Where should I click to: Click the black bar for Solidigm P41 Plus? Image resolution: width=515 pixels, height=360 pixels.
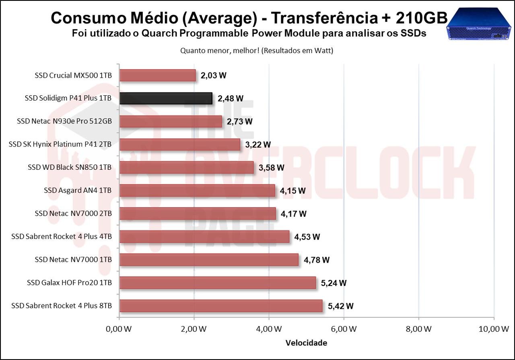166,99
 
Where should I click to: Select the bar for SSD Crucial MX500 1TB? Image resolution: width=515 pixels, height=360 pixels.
158,76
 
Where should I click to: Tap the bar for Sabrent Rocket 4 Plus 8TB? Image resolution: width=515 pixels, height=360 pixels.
221,306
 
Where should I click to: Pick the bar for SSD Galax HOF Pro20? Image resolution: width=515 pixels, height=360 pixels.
218,283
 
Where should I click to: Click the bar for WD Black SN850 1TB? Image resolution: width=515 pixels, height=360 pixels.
187,167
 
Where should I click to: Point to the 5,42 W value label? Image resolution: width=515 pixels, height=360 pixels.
341,306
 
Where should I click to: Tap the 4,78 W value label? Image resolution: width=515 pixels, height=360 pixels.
317,260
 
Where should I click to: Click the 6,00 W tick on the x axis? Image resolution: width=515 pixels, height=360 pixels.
344,329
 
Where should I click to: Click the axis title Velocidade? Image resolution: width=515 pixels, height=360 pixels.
306,343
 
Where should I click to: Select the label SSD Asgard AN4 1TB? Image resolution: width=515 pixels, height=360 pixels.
78,190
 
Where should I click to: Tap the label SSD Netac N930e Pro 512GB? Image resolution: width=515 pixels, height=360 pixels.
64,121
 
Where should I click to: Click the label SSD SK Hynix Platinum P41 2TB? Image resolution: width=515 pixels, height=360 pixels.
60,144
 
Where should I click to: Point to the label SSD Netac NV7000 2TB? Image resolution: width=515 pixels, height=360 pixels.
73,213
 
